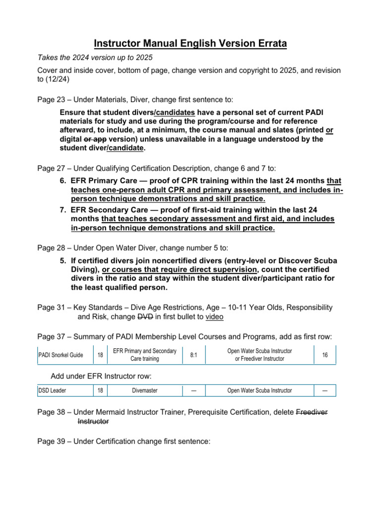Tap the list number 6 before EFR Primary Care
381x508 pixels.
tap(62, 181)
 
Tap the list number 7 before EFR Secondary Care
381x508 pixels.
tap(62, 209)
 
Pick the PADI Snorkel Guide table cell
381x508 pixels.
tap(61, 355)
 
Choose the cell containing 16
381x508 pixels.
tap(325, 355)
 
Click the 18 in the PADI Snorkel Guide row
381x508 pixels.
tap(100, 355)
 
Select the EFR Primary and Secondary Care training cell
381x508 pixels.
tap(144, 355)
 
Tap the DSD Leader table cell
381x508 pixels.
tap(52, 390)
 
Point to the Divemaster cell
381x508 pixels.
tap(144, 390)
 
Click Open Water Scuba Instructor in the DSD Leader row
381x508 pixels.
tap(259, 390)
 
